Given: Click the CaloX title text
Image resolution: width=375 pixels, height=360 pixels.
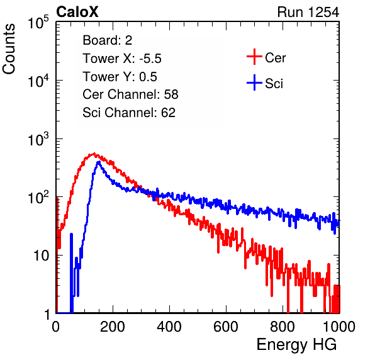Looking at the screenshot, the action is click(x=77, y=12).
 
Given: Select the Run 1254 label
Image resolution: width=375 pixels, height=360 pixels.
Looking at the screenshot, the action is click(x=308, y=12).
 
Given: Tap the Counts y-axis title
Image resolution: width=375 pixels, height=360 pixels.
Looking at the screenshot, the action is click(x=9, y=49).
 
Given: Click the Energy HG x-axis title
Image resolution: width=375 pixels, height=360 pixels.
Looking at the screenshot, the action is click(x=296, y=345).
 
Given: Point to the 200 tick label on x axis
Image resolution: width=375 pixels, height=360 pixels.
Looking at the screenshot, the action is click(x=113, y=327).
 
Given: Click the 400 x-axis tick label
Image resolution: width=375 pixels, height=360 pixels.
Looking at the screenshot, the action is click(x=169, y=327).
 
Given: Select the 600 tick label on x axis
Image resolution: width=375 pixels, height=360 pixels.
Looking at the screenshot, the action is click(x=226, y=327).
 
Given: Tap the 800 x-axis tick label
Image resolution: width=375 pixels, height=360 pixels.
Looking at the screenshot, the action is click(x=283, y=327).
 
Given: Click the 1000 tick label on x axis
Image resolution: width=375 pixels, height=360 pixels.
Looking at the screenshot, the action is click(x=339, y=327).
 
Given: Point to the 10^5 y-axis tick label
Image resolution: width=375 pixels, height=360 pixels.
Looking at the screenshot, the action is click(x=38, y=23).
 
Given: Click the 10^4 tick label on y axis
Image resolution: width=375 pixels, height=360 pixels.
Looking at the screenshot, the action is click(x=38, y=81).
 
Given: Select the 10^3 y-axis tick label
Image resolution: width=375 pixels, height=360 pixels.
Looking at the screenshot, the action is click(x=38, y=140).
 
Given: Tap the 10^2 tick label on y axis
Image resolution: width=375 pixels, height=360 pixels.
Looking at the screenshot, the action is click(x=38, y=198).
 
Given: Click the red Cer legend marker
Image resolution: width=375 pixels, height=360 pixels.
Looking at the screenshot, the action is click(x=254, y=57).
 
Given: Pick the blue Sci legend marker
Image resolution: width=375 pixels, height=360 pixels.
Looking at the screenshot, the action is click(x=254, y=83).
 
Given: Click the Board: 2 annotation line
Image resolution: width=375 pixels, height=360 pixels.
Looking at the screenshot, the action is click(x=108, y=40).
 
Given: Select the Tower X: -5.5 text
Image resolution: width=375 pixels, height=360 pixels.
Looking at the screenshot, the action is click(x=122, y=59).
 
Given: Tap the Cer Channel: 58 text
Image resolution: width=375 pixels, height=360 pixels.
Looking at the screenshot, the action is click(x=130, y=94).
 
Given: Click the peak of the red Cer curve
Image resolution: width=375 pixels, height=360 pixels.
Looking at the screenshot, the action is click(x=94, y=154).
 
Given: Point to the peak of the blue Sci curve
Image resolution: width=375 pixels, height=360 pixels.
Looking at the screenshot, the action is click(x=99, y=162).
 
